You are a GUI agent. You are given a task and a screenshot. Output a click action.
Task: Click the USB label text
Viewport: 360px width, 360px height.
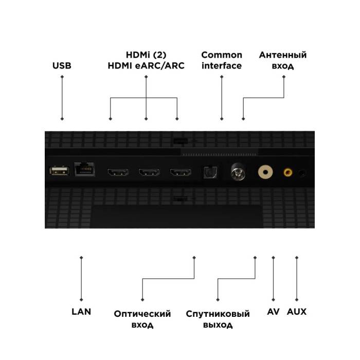pos(62,66)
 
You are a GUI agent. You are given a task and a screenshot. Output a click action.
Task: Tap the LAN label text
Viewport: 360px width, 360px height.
pos(81,312)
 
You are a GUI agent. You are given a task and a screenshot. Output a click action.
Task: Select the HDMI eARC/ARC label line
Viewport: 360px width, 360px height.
pos(146,66)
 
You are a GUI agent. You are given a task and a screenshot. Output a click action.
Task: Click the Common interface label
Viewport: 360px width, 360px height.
pos(222,60)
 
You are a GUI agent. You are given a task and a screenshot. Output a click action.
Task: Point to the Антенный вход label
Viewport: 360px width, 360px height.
pos(283,60)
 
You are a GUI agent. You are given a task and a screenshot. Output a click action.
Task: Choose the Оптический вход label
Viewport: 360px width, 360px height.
pos(142,319)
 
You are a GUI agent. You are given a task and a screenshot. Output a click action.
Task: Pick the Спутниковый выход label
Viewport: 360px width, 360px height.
pos(218,319)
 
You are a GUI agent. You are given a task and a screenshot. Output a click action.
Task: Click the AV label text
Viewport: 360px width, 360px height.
pos(273,312)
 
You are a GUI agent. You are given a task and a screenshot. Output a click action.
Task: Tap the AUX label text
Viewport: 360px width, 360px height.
pos(297,312)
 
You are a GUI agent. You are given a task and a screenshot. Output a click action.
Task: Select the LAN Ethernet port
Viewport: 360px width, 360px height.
pos(85,170)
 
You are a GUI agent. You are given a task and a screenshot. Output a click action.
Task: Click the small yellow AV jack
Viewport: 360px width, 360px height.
pos(287,173)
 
